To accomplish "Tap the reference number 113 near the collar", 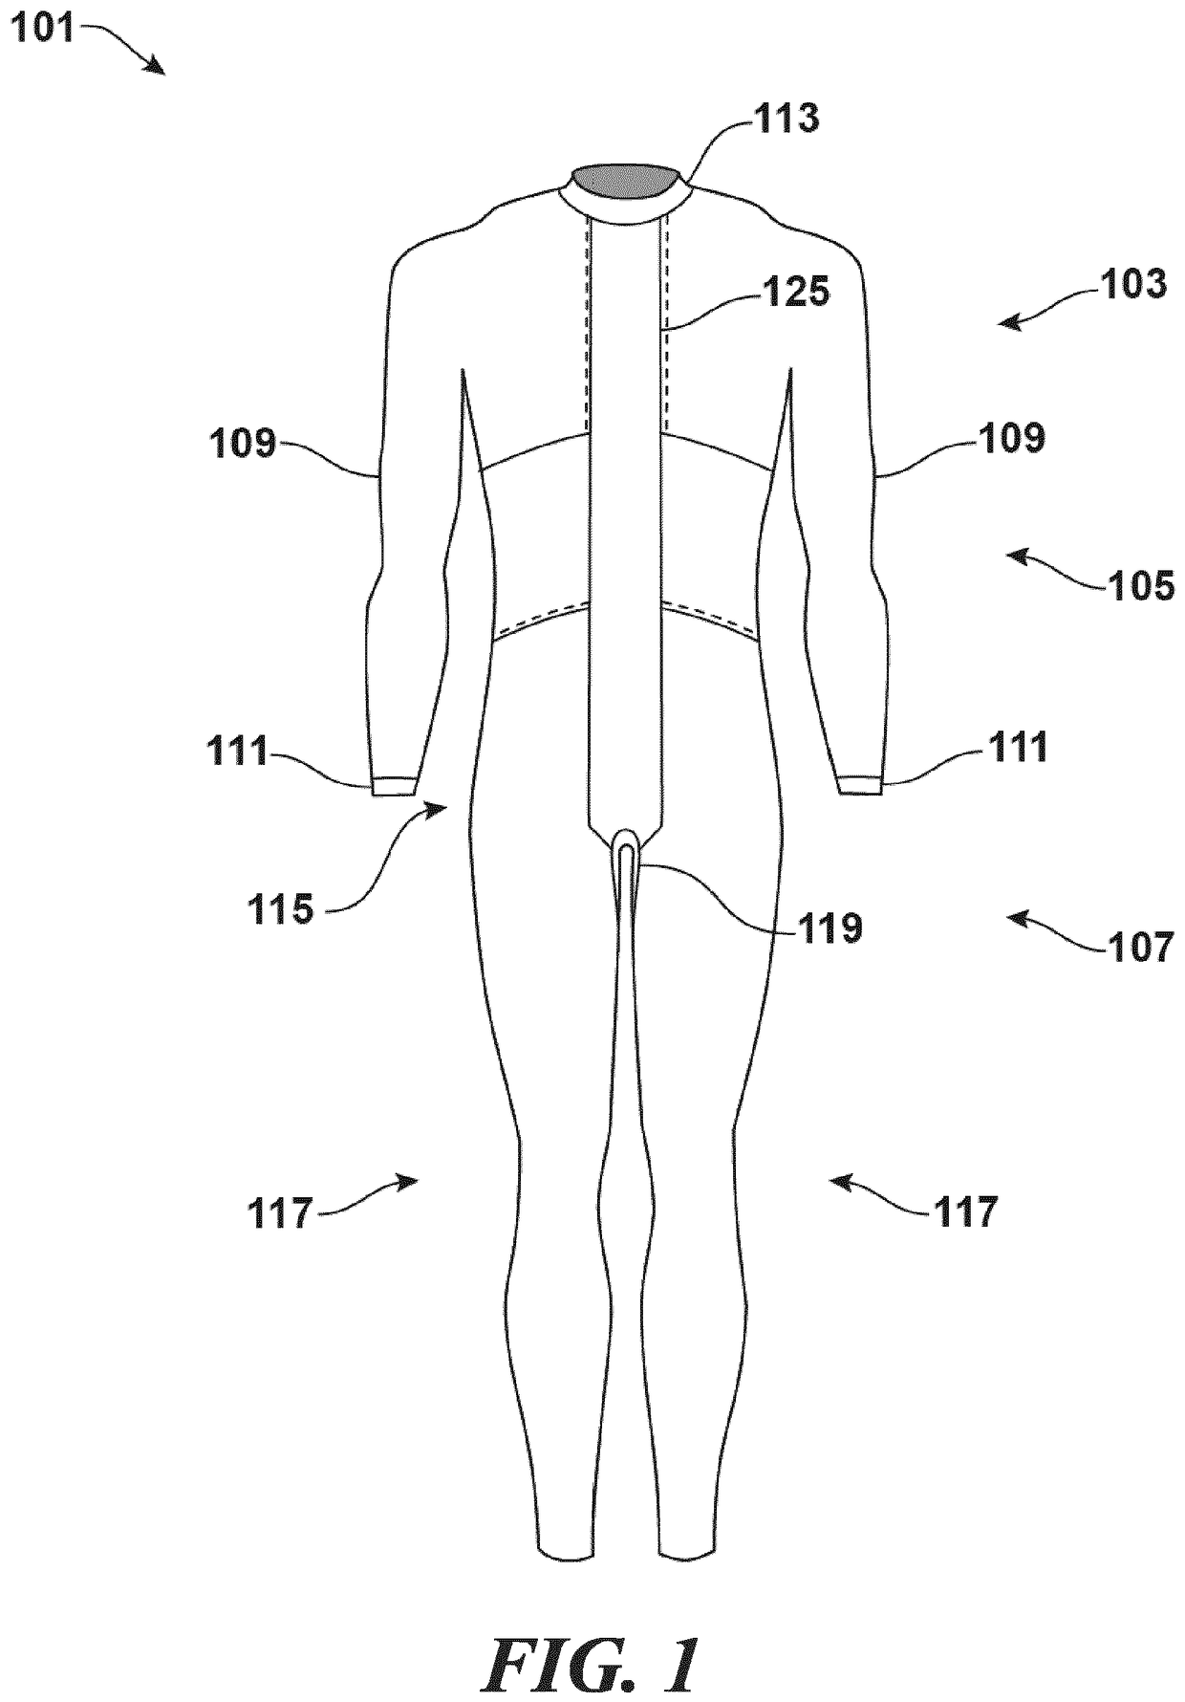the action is tap(786, 119).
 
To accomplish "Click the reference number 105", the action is tap(1141, 585).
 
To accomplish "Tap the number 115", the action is tap(279, 908).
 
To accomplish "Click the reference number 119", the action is tap(829, 927).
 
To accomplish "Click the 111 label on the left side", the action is tap(239, 752).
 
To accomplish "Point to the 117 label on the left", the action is tap(280, 1214).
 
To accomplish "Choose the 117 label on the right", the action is tap(965, 1211).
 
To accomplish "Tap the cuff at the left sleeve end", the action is tap(393, 786).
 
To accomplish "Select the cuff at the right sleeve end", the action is tap(860, 786).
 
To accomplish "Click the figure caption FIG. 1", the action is tap(592, 1663).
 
